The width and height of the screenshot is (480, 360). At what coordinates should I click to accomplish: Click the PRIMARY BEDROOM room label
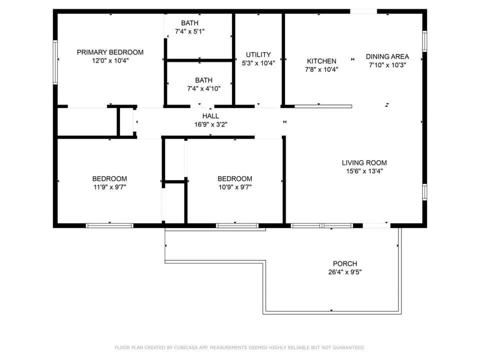click(110, 52)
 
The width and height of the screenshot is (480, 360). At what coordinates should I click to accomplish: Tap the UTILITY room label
click(258, 55)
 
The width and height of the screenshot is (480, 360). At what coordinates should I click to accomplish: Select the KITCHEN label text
click(321, 61)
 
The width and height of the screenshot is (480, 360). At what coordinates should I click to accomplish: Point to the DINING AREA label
click(387, 56)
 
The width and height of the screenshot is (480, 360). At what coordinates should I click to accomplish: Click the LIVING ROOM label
click(364, 163)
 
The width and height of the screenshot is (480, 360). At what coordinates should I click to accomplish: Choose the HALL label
click(210, 116)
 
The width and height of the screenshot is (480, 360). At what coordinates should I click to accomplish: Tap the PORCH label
click(345, 263)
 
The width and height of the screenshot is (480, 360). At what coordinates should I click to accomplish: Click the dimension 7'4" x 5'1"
click(190, 31)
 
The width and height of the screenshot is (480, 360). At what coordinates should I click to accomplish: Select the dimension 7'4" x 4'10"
click(204, 89)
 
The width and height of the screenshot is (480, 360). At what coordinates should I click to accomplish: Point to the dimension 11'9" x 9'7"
click(110, 187)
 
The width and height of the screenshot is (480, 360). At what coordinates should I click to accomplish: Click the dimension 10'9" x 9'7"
click(235, 187)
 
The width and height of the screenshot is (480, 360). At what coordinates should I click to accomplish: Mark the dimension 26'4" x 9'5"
click(345, 272)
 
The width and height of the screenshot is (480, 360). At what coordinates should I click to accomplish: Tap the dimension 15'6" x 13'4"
click(364, 171)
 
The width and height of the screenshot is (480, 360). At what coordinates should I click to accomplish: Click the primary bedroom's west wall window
click(55, 62)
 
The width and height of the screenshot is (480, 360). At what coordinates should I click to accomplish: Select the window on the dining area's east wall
click(424, 41)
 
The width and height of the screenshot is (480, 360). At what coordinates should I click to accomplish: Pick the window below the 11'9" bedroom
click(109, 225)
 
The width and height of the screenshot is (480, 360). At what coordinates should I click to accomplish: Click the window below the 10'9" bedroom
click(237, 225)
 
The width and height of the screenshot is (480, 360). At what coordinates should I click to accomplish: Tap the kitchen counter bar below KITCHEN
click(323, 106)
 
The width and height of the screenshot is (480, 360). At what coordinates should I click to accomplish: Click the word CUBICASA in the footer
click(186, 347)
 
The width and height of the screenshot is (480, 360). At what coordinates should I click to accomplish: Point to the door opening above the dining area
click(363, 11)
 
